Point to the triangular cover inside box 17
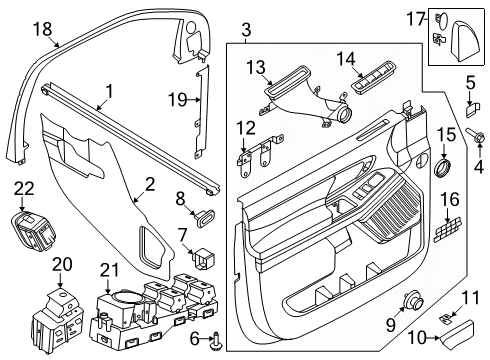[x=468, y=39]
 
